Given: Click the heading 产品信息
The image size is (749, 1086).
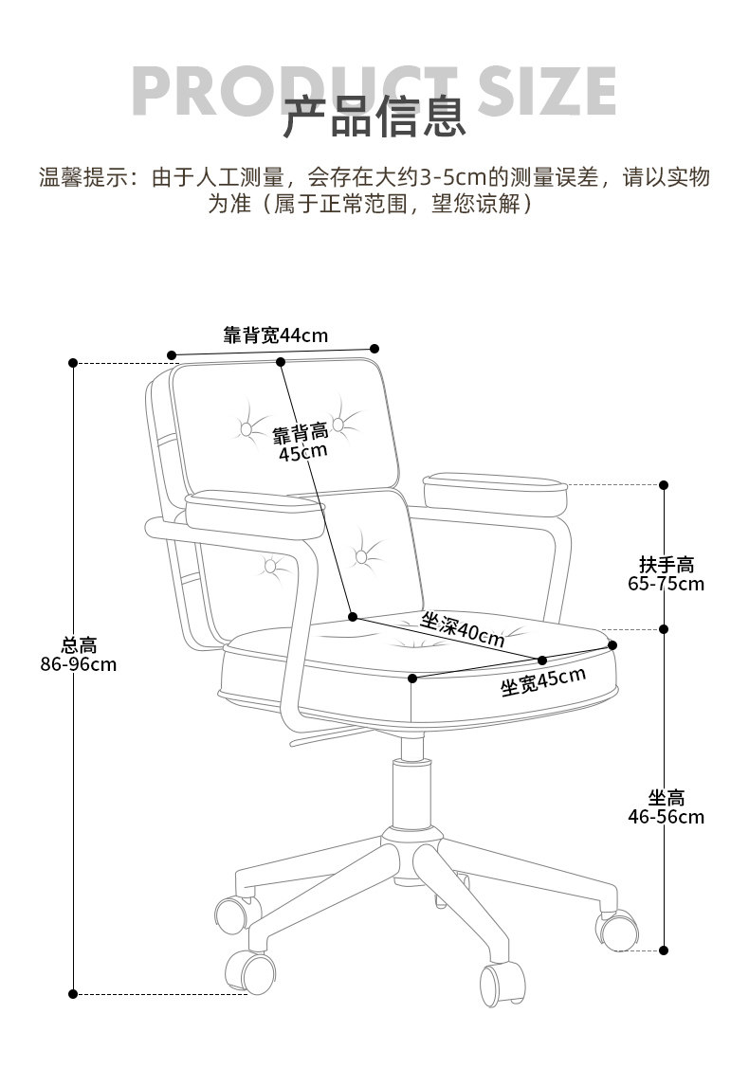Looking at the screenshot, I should pyautogui.click(x=374, y=118).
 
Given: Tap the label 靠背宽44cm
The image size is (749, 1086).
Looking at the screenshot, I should pyautogui.click(x=275, y=335).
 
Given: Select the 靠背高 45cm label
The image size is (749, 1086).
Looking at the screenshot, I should pyautogui.click(x=301, y=443).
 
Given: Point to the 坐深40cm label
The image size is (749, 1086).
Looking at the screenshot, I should pyautogui.click(x=463, y=629).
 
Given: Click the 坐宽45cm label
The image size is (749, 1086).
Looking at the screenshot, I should pyautogui.click(x=542, y=681).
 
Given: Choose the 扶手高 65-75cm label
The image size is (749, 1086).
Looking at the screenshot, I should pyautogui.click(x=666, y=574).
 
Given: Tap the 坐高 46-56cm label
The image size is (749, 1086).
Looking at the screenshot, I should pyautogui.click(x=666, y=807).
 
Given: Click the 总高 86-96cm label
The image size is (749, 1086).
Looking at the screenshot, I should pyautogui.click(x=79, y=655).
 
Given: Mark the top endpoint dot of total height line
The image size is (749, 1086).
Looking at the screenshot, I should pyautogui.click(x=74, y=363).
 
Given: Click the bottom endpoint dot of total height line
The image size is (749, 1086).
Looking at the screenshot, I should pyautogui.click(x=74, y=993).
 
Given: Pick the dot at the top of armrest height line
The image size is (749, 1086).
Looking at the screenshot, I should pyautogui.click(x=664, y=485).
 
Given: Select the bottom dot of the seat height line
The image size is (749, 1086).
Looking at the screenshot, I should pyautogui.click(x=664, y=949).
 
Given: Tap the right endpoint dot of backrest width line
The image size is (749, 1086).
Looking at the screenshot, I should pyautogui.click(x=374, y=349).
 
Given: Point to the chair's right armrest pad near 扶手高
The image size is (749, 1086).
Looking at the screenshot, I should pyautogui.click(x=494, y=484).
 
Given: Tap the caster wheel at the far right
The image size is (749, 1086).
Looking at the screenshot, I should pyautogui.click(x=616, y=930).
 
